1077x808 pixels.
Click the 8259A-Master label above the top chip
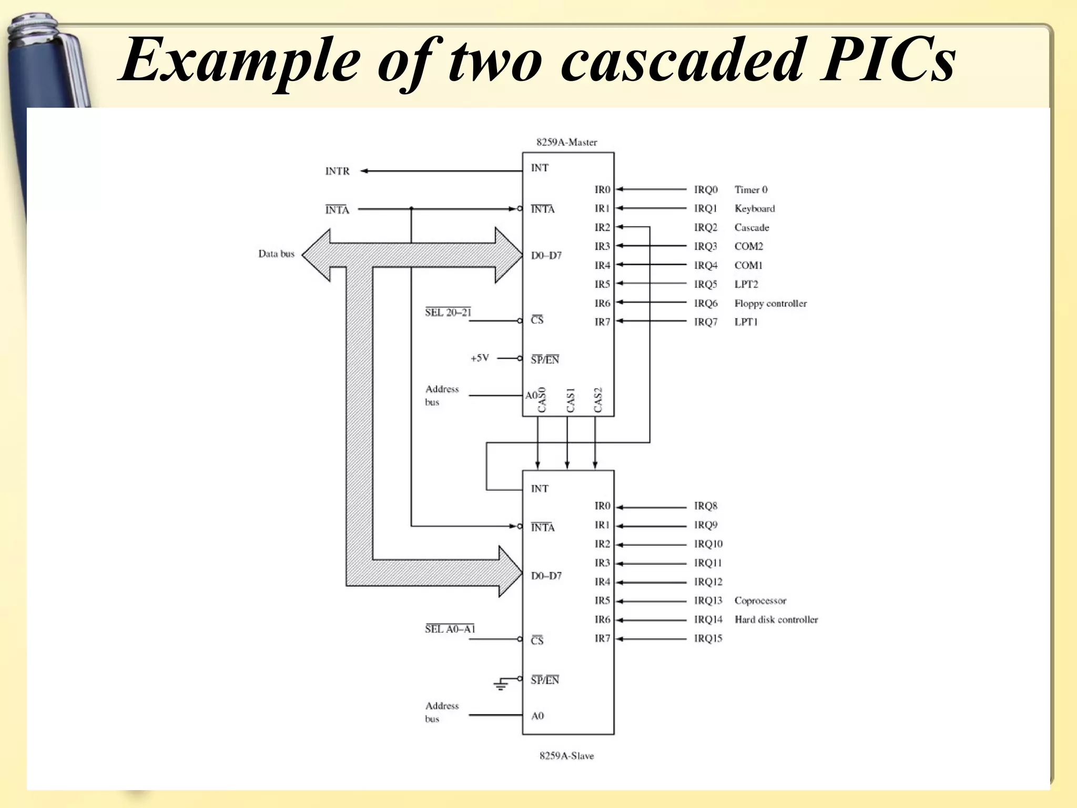pos(566,142)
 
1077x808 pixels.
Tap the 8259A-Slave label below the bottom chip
pos(566,756)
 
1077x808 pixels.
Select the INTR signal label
pos(337,171)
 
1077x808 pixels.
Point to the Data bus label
pos(276,254)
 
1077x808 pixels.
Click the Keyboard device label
pos(755,208)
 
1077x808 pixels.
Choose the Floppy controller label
pos(770,304)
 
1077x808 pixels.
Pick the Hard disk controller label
pos(776,620)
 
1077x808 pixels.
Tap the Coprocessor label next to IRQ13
pos(760,601)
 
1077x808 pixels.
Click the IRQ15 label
pos(708,639)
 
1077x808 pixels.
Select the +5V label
pos(480,358)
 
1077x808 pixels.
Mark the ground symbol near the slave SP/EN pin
pos(501,684)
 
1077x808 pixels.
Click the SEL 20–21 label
pos(448,312)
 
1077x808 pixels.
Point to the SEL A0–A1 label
pos(450,629)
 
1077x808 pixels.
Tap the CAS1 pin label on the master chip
pos(571,400)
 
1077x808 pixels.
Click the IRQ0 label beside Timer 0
pos(705,189)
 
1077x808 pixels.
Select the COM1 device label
pos(748,266)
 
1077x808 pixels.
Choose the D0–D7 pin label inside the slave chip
pos(546,576)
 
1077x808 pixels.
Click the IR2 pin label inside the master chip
pos(602,227)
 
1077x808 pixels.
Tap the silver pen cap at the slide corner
pos(32,32)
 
